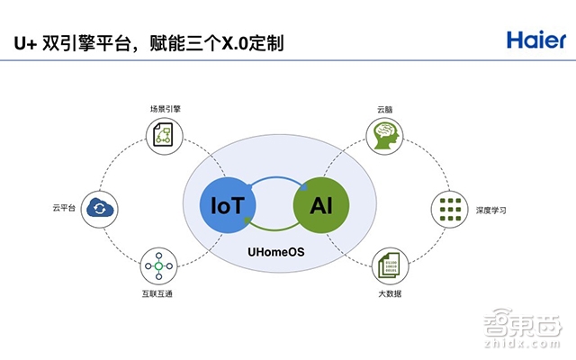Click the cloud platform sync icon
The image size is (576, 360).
[x=95, y=210]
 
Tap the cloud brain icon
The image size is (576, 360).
[x=384, y=137]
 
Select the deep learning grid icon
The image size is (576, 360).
[x=445, y=210]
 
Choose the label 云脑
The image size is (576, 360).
[x=385, y=110]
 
